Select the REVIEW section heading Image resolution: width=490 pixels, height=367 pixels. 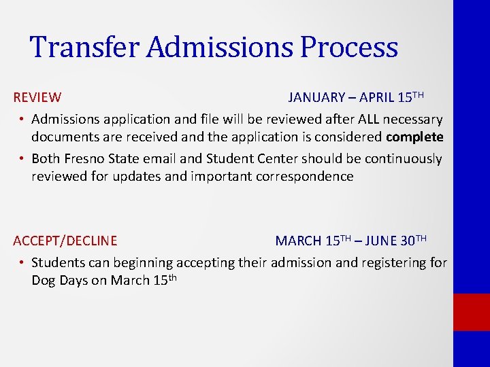pos(37,98)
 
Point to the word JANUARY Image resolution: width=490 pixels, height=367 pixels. pos(316,98)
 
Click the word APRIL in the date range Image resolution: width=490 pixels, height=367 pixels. pos(378,98)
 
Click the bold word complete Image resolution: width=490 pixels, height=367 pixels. pos(414,137)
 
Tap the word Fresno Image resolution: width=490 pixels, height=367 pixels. pos(89,159)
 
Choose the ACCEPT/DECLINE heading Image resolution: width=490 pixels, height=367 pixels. pos(65,241)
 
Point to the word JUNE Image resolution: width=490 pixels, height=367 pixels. pos(382,241)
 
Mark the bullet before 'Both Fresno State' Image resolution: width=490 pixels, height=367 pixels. pos(22,159)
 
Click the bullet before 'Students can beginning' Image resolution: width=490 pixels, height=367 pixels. pos(22,262)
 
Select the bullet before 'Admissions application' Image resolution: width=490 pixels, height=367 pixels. pos(22,120)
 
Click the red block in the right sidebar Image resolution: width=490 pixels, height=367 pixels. pos(472,312)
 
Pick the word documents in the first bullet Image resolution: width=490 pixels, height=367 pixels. pos(62,137)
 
